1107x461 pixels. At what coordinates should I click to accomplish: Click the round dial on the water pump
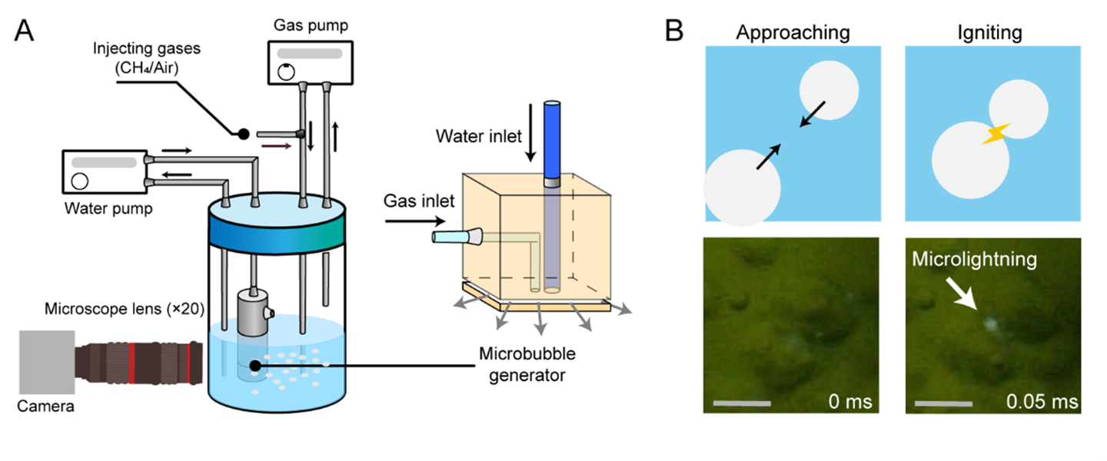(80, 182)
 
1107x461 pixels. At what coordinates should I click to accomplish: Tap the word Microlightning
(973, 259)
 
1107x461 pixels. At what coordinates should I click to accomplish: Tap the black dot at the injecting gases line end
(242, 134)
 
